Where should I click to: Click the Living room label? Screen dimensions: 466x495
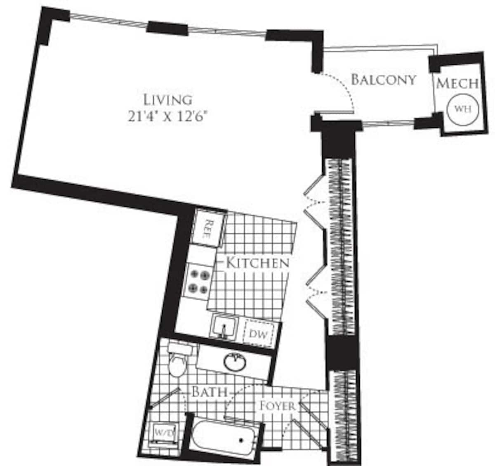pos(167,99)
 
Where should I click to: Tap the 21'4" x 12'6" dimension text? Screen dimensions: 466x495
pos(167,116)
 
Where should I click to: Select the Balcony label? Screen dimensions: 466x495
pos(383,79)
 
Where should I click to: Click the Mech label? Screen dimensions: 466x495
pos(457,83)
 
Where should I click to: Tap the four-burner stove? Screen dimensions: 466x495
pos(198,281)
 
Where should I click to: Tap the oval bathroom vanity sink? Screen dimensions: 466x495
pos(236,362)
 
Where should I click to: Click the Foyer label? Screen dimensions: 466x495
pos(277,406)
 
